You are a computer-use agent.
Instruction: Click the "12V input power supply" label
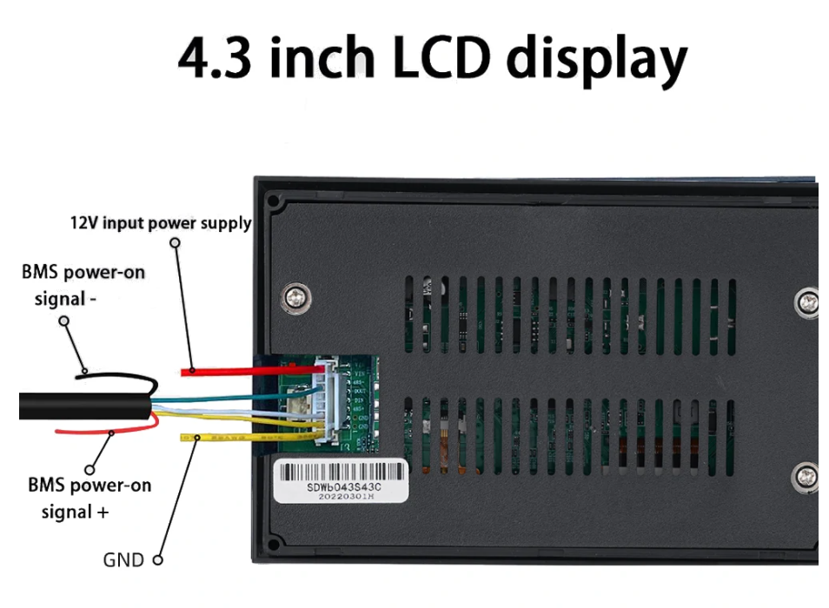point(161,223)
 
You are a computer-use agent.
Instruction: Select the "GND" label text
point(123,559)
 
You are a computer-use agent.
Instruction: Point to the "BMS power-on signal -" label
point(83,285)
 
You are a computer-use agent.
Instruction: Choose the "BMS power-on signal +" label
point(88,498)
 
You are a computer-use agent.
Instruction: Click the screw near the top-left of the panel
point(297,298)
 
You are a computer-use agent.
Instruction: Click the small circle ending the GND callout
point(158,560)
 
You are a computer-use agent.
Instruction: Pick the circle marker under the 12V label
point(175,245)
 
